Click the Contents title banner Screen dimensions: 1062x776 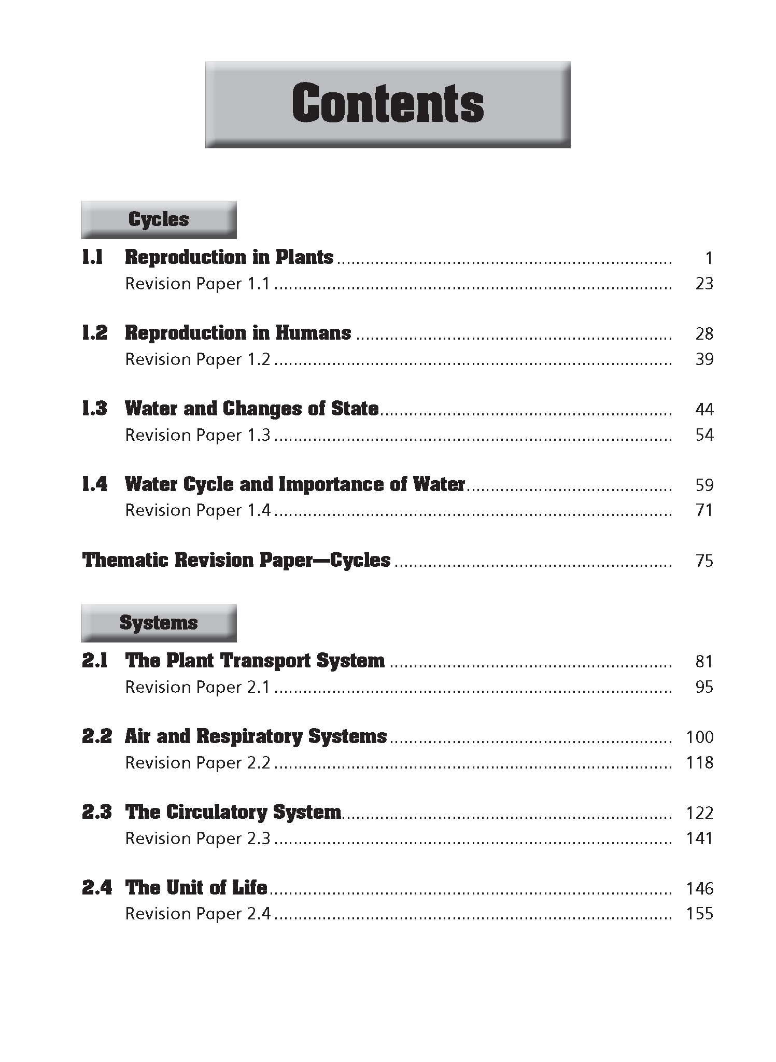click(388, 104)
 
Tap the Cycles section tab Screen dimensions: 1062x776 click(159, 219)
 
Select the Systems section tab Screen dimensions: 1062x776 click(159, 623)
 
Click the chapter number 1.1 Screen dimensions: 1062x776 click(93, 257)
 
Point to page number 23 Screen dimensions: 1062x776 click(704, 284)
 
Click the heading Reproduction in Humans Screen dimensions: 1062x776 click(238, 333)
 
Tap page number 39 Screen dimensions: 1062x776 click(704, 359)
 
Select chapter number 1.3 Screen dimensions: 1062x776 click(95, 409)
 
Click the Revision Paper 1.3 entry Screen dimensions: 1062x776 click(197, 435)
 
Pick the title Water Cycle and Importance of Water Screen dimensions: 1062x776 click(295, 484)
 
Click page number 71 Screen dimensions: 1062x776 click(704, 511)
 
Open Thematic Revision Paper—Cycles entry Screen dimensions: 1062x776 click(236, 560)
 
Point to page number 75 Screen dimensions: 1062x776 click(704, 561)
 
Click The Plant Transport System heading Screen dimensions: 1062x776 click(255, 661)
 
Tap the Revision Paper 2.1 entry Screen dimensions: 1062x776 click(197, 687)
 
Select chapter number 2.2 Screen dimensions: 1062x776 click(96, 736)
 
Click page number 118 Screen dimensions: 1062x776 click(699, 763)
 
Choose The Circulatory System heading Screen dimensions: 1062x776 click(233, 812)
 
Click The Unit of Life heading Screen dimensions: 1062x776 click(196, 888)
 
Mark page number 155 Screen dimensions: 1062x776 click(699, 914)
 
